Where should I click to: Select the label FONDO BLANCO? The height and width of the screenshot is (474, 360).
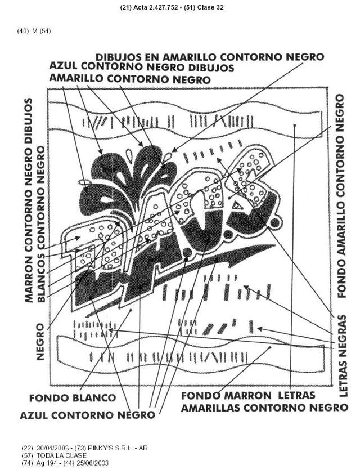[73, 397]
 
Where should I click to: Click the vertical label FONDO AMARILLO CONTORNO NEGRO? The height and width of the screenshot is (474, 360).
[340, 195]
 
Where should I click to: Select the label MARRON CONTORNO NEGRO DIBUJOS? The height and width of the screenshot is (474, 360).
[29, 200]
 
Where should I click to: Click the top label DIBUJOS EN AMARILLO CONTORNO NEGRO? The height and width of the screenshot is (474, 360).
[209, 57]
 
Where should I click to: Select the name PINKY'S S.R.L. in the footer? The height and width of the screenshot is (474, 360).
[114, 448]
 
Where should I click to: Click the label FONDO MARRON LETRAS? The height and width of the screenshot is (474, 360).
[247, 396]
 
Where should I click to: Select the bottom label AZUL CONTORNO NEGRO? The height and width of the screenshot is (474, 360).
[87, 415]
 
